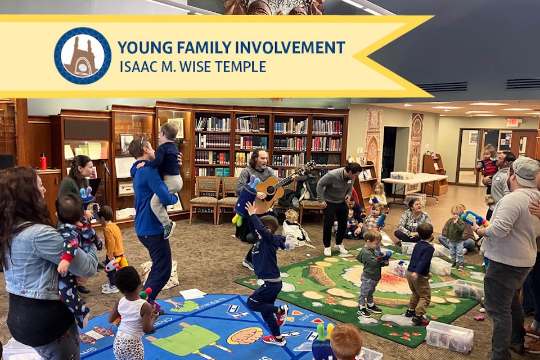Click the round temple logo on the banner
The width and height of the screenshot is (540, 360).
coord(83,56)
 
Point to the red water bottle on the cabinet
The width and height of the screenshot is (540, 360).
coord(43,161)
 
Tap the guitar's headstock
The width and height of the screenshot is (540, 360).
coord(309,164)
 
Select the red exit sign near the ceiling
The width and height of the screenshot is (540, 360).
coord(512,122)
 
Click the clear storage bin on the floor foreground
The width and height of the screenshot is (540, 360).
coord(449,336)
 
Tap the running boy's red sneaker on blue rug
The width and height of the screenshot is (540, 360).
coord(274,340)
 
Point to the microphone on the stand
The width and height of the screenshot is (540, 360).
coord(105,166)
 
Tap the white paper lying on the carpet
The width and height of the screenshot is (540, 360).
coord(193,294)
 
